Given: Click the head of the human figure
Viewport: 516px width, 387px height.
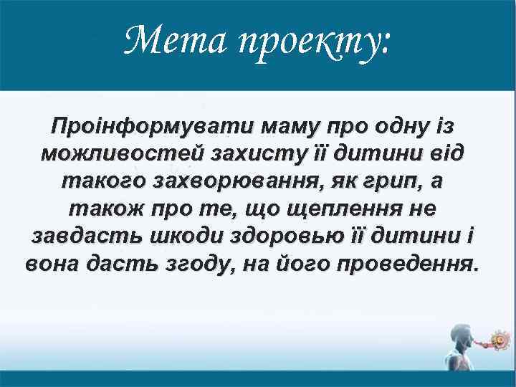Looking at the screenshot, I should pos(458,332).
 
